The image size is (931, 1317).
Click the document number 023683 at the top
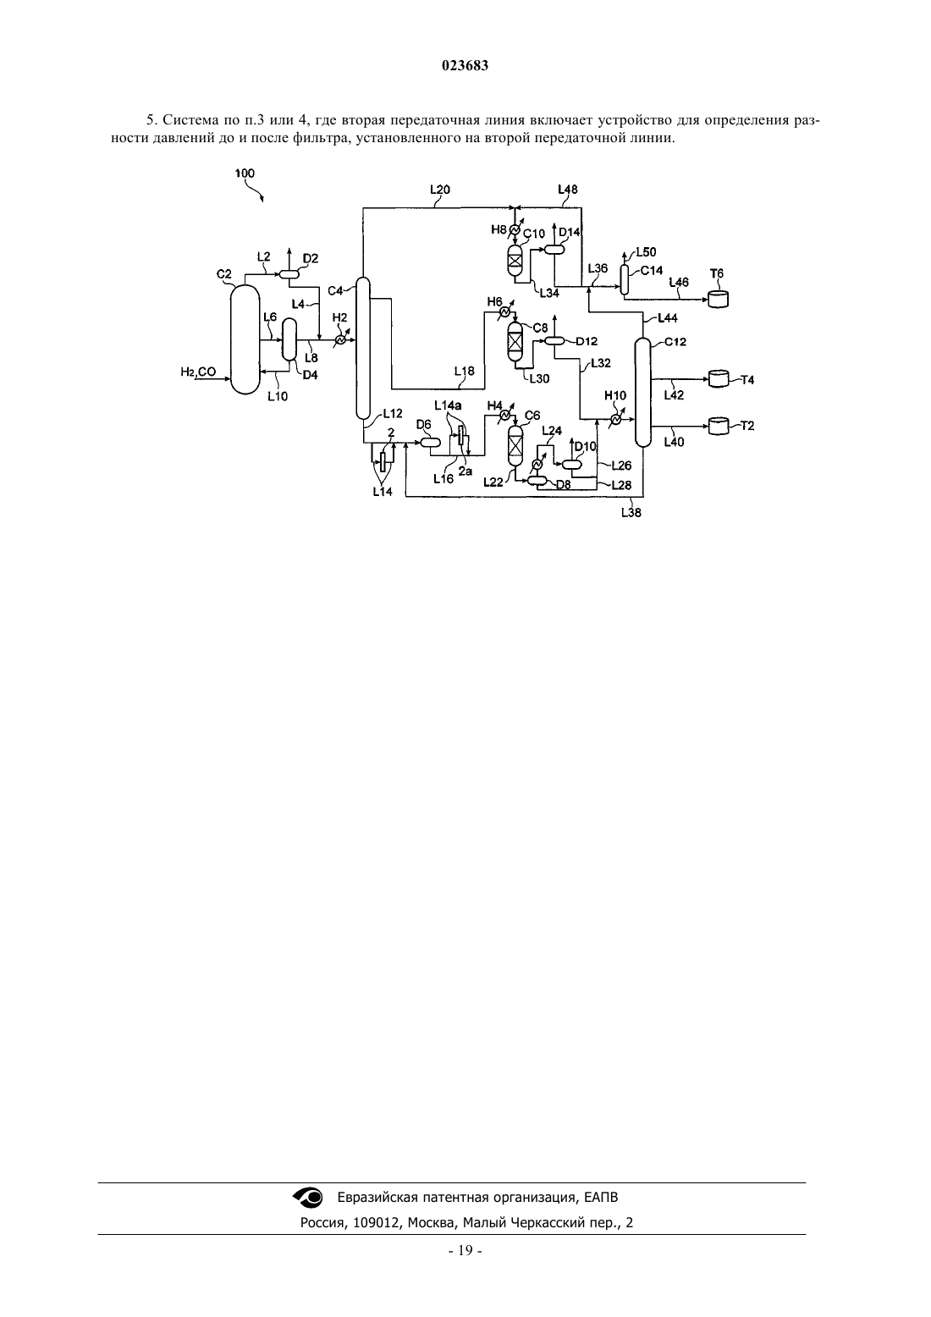pyautogui.click(x=465, y=66)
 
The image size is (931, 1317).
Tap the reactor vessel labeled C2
pyautogui.click(x=245, y=339)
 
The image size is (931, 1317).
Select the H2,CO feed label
pyautogui.click(x=198, y=372)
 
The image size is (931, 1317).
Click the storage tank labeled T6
pyautogui.click(x=718, y=299)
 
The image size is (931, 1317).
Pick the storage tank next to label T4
pyautogui.click(x=718, y=378)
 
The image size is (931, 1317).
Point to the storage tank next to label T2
pyautogui.click(x=718, y=426)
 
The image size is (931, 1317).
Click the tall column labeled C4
pyautogui.click(x=363, y=348)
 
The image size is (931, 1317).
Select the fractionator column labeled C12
pyautogui.click(x=643, y=393)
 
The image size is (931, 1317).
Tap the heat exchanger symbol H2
pyautogui.click(x=340, y=339)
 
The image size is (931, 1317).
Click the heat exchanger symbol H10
pyautogui.click(x=615, y=419)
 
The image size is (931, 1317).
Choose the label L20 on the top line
pyautogui.click(x=439, y=190)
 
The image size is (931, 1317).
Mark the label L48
pyautogui.click(x=567, y=190)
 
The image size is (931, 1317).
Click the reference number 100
pyautogui.click(x=245, y=173)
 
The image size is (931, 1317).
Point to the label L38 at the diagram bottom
pyautogui.click(x=631, y=513)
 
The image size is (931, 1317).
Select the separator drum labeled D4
pyautogui.click(x=289, y=339)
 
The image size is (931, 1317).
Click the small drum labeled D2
pyautogui.click(x=289, y=273)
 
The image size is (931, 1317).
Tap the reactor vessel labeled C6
pyautogui.click(x=515, y=446)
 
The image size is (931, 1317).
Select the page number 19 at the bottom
pyautogui.click(x=465, y=1250)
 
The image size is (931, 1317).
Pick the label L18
pyautogui.click(x=465, y=371)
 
